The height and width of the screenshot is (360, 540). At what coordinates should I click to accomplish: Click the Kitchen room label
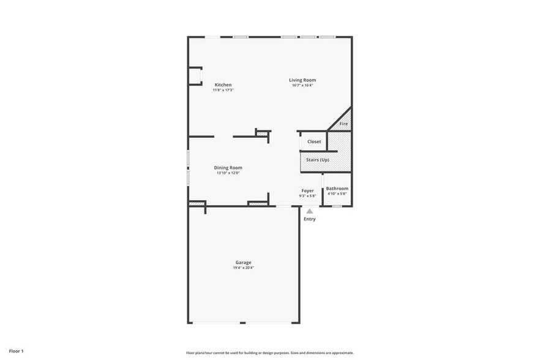(x=223, y=84)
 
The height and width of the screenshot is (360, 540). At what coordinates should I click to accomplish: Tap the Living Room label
(x=302, y=80)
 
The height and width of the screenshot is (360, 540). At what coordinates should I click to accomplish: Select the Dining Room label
(x=228, y=167)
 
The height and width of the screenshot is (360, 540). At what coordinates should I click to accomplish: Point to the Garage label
(x=243, y=262)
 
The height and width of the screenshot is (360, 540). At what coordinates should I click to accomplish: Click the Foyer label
(x=307, y=190)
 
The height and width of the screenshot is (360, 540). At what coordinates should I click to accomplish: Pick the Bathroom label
(x=337, y=188)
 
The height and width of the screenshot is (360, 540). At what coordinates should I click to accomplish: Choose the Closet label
(x=314, y=141)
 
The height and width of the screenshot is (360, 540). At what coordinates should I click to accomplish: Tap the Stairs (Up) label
(x=318, y=160)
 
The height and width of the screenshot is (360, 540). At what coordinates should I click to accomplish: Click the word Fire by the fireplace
(x=343, y=124)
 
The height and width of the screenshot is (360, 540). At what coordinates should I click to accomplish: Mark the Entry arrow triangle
(x=310, y=211)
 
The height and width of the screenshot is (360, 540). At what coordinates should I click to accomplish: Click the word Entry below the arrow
(x=310, y=219)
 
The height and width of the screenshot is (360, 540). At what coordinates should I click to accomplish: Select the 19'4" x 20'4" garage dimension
(x=243, y=268)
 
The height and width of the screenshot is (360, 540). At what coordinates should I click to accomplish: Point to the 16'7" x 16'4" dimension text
(x=302, y=85)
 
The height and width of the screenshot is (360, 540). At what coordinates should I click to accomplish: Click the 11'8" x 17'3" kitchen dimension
(x=223, y=90)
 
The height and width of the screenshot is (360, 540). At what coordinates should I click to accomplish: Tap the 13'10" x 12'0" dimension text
(x=228, y=173)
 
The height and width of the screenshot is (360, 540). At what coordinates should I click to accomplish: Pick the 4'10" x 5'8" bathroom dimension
(x=337, y=193)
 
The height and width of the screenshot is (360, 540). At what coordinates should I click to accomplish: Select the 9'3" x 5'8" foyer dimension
(x=307, y=196)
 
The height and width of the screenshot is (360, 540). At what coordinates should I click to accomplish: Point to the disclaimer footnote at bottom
(x=270, y=353)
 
